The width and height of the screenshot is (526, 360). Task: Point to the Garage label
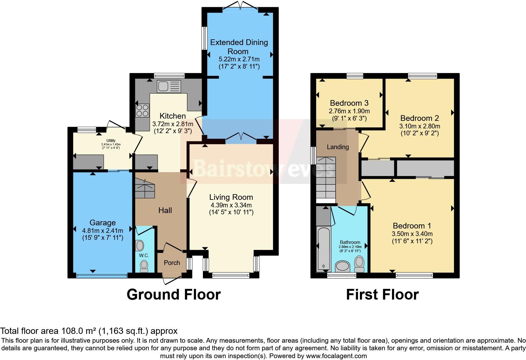coord(103,223)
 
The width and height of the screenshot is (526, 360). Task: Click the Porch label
coord(172,263)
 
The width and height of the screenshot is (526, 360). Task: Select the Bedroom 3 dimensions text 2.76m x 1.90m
coord(349,111)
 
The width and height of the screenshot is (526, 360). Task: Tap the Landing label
coord(338,147)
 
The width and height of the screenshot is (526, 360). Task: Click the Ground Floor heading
coord(174,295)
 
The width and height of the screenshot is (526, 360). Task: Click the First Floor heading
coord(382,295)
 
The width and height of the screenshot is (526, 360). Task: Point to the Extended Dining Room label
coord(239,47)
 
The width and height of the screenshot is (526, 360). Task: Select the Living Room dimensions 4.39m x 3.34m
coord(231,205)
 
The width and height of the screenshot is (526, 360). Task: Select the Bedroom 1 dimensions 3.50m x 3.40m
coord(412,234)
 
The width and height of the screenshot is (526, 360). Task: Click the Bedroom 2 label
coord(419,118)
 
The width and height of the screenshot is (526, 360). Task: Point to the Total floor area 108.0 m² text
coord(89,331)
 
